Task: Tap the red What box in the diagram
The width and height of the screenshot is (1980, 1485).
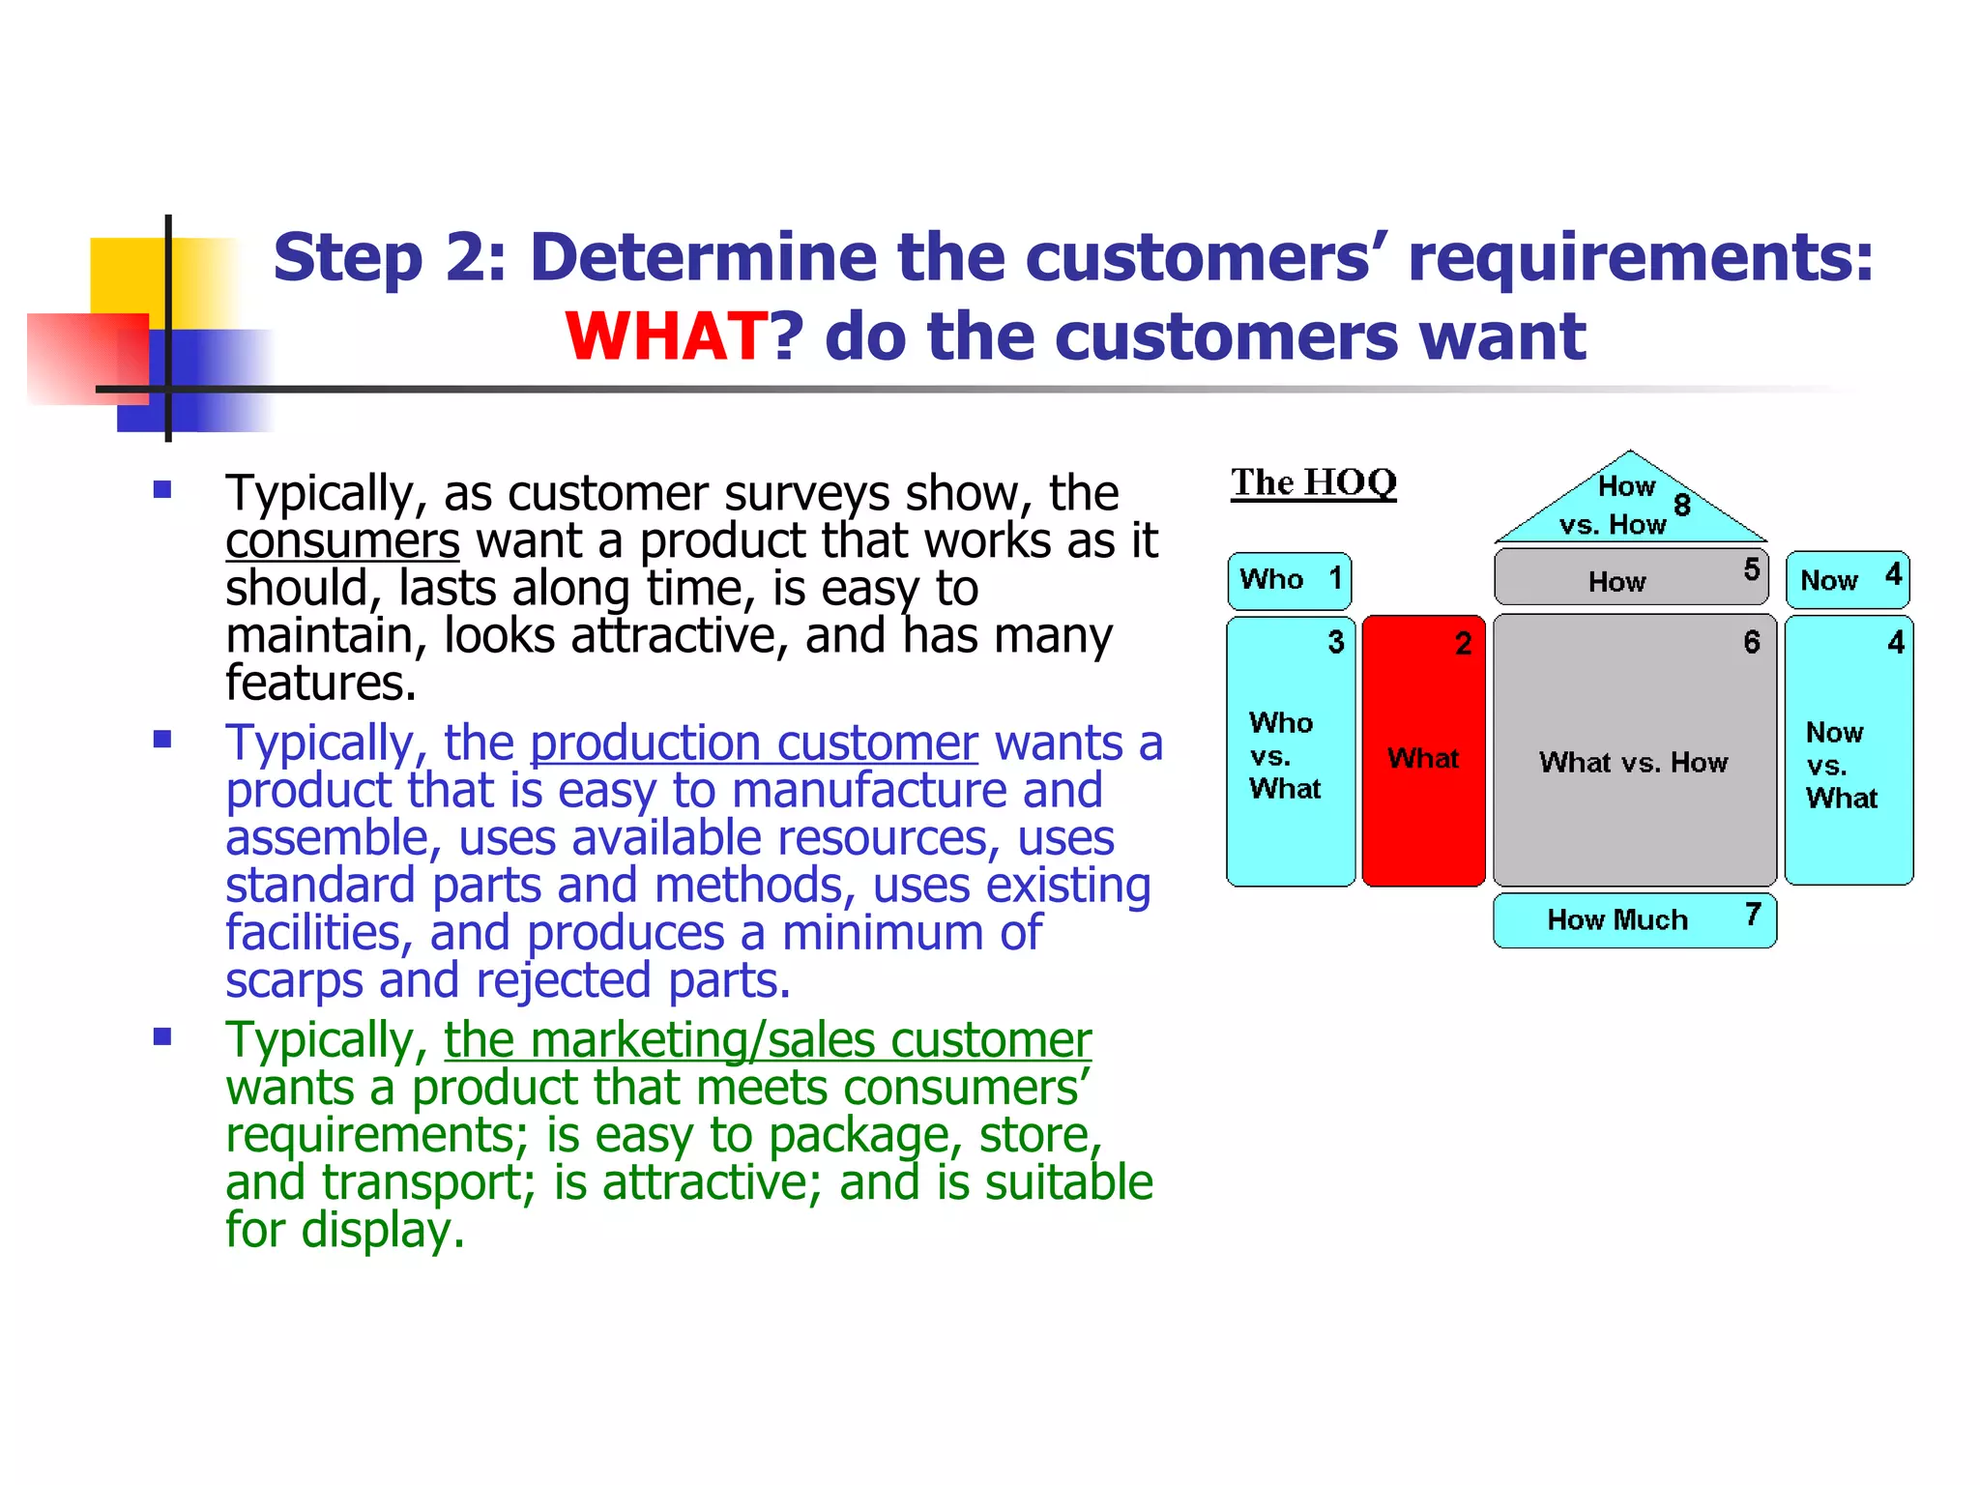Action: [x=1423, y=751]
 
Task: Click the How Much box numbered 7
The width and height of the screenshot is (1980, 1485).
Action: [x=1634, y=919]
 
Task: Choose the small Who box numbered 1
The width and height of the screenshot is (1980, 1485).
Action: [x=1289, y=580]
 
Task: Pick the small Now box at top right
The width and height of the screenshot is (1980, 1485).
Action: [x=1848, y=580]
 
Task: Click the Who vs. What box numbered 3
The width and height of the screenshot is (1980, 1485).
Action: [x=1290, y=751]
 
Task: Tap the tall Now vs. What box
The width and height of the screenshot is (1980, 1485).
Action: [x=1849, y=751]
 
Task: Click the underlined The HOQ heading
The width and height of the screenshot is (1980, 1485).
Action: [x=1313, y=482]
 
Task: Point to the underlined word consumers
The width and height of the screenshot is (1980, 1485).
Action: [x=342, y=540]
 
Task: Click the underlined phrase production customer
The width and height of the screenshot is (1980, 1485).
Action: [x=753, y=743]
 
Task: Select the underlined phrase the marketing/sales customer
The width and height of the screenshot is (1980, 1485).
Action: [x=767, y=1040]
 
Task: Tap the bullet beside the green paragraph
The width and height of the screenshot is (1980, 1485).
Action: [x=162, y=1037]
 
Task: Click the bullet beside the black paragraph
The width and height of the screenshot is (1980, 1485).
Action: [x=162, y=489]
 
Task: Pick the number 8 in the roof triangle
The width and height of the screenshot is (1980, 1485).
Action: [x=1682, y=505]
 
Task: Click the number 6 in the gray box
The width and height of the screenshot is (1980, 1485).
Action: [x=1752, y=642]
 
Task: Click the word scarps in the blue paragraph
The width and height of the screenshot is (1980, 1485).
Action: [x=294, y=980]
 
